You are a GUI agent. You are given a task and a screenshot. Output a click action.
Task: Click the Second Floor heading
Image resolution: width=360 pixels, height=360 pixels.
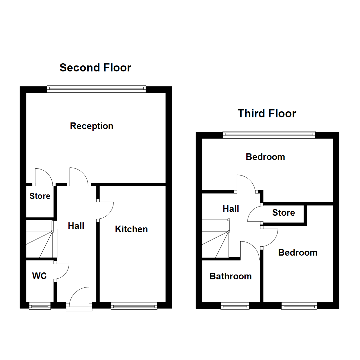[x=95, y=68]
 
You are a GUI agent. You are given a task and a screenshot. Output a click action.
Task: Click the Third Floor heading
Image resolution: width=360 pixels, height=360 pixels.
[x=267, y=114]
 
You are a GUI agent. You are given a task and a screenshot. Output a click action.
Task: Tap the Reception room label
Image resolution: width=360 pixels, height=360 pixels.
[x=92, y=126]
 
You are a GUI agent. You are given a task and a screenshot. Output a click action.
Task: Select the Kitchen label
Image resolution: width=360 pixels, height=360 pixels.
[x=131, y=229]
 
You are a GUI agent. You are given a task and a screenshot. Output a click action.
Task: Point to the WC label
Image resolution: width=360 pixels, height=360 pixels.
[x=39, y=276]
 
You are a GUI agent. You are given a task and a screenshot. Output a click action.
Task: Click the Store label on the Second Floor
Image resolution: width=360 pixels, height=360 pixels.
[x=40, y=196]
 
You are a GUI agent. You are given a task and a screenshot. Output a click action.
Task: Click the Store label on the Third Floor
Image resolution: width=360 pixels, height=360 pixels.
[x=283, y=213]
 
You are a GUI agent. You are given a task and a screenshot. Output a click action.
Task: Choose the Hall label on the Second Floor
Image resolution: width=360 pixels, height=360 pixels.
[x=76, y=226]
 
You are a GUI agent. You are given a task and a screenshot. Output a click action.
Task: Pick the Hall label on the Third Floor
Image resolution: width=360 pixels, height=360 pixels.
[x=231, y=209]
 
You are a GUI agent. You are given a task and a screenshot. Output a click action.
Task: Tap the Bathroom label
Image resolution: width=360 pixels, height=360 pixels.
[x=230, y=276]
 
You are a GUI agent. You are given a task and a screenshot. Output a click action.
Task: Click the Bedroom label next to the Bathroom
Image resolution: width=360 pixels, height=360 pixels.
[x=298, y=253]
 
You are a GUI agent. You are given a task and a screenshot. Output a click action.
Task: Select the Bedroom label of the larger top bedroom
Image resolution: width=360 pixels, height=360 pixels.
[x=265, y=157]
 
